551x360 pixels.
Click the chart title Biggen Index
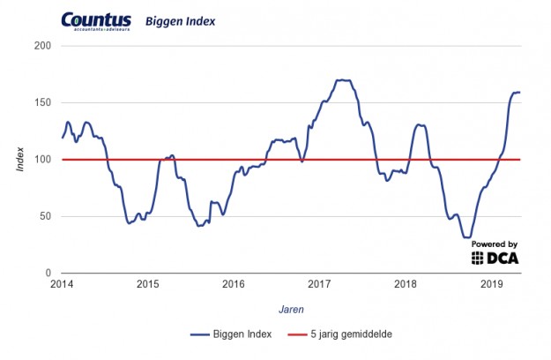pyautogui.click(x=180, y=20)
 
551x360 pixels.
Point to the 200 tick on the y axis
pyautogui.click(x=44, y=45)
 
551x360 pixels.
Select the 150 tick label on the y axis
pyautogui.click(x=44, y=102)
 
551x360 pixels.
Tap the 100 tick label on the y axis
pyautogui.click(x=44, y=160)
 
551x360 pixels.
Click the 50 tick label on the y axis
pyautogui.click(x=47, y=216)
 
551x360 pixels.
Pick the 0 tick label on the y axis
pyautogui.click(x=49, y=274)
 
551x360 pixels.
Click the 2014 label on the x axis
pyautogui.click(x=62, y=285)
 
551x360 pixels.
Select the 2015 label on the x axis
pyautogui.click(x=147, y=285)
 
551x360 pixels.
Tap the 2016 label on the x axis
pyautogui.click(x=234, y=285)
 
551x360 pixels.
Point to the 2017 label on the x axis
pyautogui.click(x=319, y=285)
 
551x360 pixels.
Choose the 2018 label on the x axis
pyautogui.click(x=406, y=285)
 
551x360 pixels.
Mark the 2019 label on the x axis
pyautogui.click(x=491, y=285)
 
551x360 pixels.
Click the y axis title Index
pyautogui.click(x=20, y=160)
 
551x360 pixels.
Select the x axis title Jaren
pyautogui.click(x=291, y=309)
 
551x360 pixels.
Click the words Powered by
pyautogui.click(x=495, y=244)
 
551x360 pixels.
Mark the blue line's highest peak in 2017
pyautogui.click(x=343, y=80)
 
